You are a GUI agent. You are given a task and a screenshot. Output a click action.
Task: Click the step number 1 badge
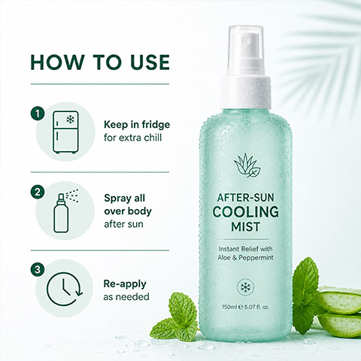click(38, 114)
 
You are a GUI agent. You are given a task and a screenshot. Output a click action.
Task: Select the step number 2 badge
click(38, 193)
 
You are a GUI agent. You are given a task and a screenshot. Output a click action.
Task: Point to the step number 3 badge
click(38, 270)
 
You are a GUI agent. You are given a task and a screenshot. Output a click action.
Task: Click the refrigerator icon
click(65, 132)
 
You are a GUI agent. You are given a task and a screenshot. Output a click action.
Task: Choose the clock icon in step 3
click(65, 289)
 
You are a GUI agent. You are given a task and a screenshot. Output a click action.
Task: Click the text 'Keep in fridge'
click(137, 125)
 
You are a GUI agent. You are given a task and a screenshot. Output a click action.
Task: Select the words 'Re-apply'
click(125, 284)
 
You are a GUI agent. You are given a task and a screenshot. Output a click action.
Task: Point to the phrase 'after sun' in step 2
click(123, 224)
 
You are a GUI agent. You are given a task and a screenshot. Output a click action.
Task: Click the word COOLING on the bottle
click(246, 212)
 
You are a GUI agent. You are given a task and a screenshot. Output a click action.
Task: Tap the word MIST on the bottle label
click(246, 226)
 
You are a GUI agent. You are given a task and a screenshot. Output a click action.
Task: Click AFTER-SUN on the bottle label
click(246, 198)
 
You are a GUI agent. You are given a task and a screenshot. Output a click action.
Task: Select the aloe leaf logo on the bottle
click(247, 165)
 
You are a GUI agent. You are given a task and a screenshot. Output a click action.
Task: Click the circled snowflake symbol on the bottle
click(246, 287)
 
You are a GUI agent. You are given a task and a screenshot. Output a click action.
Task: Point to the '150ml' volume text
click(229, 307)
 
